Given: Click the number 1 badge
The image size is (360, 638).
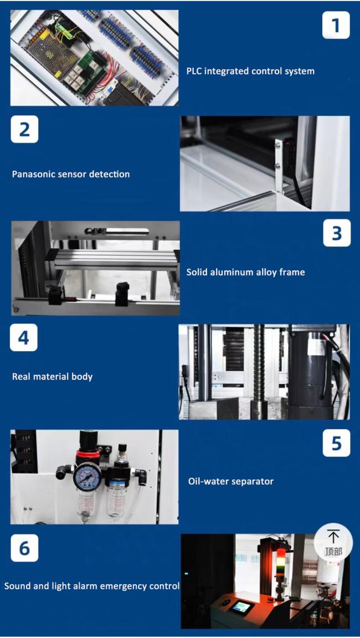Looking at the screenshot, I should pyautogui.click(x=336, y=25).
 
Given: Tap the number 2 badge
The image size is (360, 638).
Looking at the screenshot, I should pyautogui.click(x=24, y=130).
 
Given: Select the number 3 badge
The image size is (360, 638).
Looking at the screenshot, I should pyautogui.click(x=337, y=233).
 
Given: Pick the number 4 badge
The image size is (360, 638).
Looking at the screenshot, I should pyautogui.click(x=24, y=337).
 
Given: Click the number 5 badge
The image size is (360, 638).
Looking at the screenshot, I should pyautogui.click(x=337, y=443).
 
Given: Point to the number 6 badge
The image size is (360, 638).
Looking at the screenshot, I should pyautogui.click(x=24, y=548).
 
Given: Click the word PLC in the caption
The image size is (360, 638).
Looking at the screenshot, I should pyautogui.click(x=194, y=71).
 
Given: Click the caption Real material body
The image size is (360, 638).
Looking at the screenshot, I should pyautogui.click(x=52, y=377).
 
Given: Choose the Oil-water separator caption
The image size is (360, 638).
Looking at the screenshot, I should pyautogui.click(x=230, y=481).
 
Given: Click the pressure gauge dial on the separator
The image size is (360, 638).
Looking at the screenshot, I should pyautogui.click(x=87, y=476).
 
